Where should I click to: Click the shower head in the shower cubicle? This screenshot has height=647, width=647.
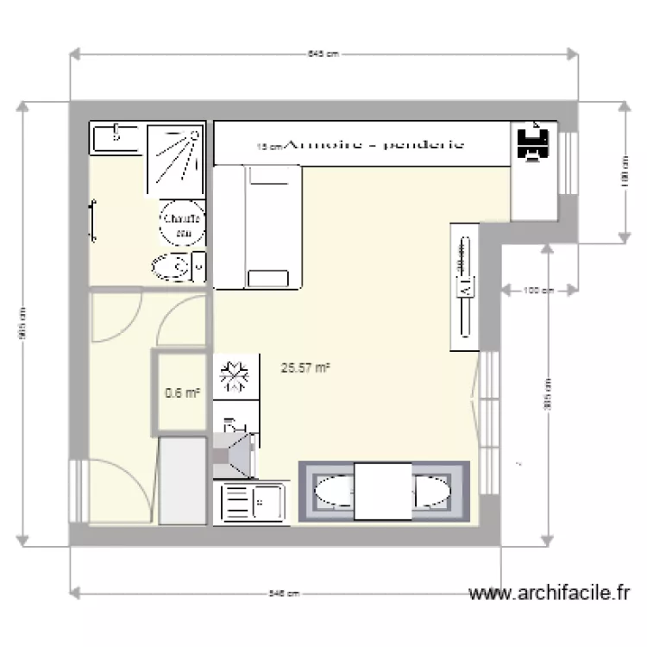[x=194, y=135]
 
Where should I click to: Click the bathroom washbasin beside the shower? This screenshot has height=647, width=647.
[x=116, y=136]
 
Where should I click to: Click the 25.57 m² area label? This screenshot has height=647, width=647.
[x=306, y=367]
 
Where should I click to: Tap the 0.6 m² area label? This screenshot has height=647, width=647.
[x=182, y=393]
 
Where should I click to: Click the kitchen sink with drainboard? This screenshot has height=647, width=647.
[x=253, y=501]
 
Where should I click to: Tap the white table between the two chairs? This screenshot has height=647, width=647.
[x=383, y=491]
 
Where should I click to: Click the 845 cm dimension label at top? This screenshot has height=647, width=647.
[x=323, y=53]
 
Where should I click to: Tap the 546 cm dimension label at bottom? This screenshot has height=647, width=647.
[x=284, y=594]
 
